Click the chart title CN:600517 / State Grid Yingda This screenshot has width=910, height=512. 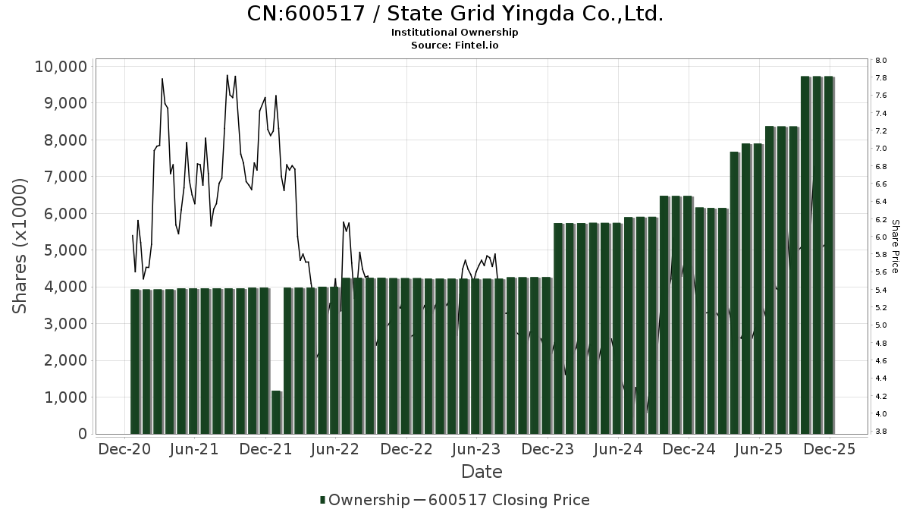tap(455, 14)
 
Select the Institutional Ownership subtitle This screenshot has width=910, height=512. tap(455, 33)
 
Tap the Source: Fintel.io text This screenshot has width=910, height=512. tap(455, 46)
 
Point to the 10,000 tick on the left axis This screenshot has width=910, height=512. tap(61, 67)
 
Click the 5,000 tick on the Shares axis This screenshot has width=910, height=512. tap(66, 250)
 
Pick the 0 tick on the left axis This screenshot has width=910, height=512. tap(82, 434)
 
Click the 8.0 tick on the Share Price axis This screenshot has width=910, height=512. tap(880, 61)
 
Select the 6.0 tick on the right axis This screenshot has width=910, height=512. tap(880, 237)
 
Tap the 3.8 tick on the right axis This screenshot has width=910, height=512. tap(880, 432)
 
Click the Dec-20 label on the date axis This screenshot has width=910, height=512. tap(124, 449)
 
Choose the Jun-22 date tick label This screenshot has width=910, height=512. tap(335, 449)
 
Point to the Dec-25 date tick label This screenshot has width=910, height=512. tap(830, 449)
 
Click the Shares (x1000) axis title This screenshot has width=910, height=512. tap(21, 246)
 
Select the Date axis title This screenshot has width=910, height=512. tap(482, 472)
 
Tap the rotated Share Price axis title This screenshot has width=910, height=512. tap(896, 246)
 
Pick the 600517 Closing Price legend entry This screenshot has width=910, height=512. tap(508, 500)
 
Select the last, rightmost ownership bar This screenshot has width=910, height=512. tap(829, 255)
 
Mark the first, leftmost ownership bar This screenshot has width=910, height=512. tap(136, 361)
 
